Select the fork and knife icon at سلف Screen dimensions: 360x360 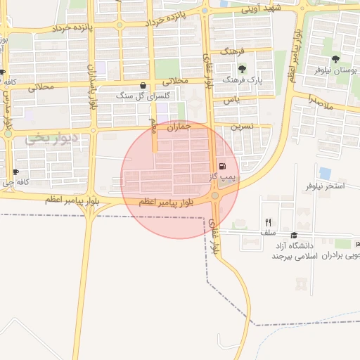point(268,222)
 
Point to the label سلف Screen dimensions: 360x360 point(268,233)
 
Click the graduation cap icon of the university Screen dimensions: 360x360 point(293,236)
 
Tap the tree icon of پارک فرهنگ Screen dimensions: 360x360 point(243,69)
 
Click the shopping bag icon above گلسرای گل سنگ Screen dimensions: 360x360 point(143,86)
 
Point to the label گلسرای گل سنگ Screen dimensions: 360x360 point(134,96)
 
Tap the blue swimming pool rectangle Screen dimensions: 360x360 point(325,172)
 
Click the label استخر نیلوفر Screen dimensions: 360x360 point(325,186)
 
